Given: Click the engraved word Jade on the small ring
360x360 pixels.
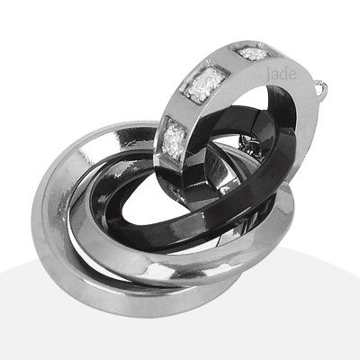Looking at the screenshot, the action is coord(282,74).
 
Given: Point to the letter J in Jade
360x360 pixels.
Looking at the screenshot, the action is coord(268,75).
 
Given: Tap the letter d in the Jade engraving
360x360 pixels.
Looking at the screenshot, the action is coord(285,74).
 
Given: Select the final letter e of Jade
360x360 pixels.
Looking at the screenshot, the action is coord(293,75).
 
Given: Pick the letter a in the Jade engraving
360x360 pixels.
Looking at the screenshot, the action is coord(276,76).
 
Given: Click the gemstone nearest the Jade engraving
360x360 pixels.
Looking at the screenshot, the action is coord(254,53).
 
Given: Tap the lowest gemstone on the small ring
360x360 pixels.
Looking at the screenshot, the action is coord(175,139).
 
